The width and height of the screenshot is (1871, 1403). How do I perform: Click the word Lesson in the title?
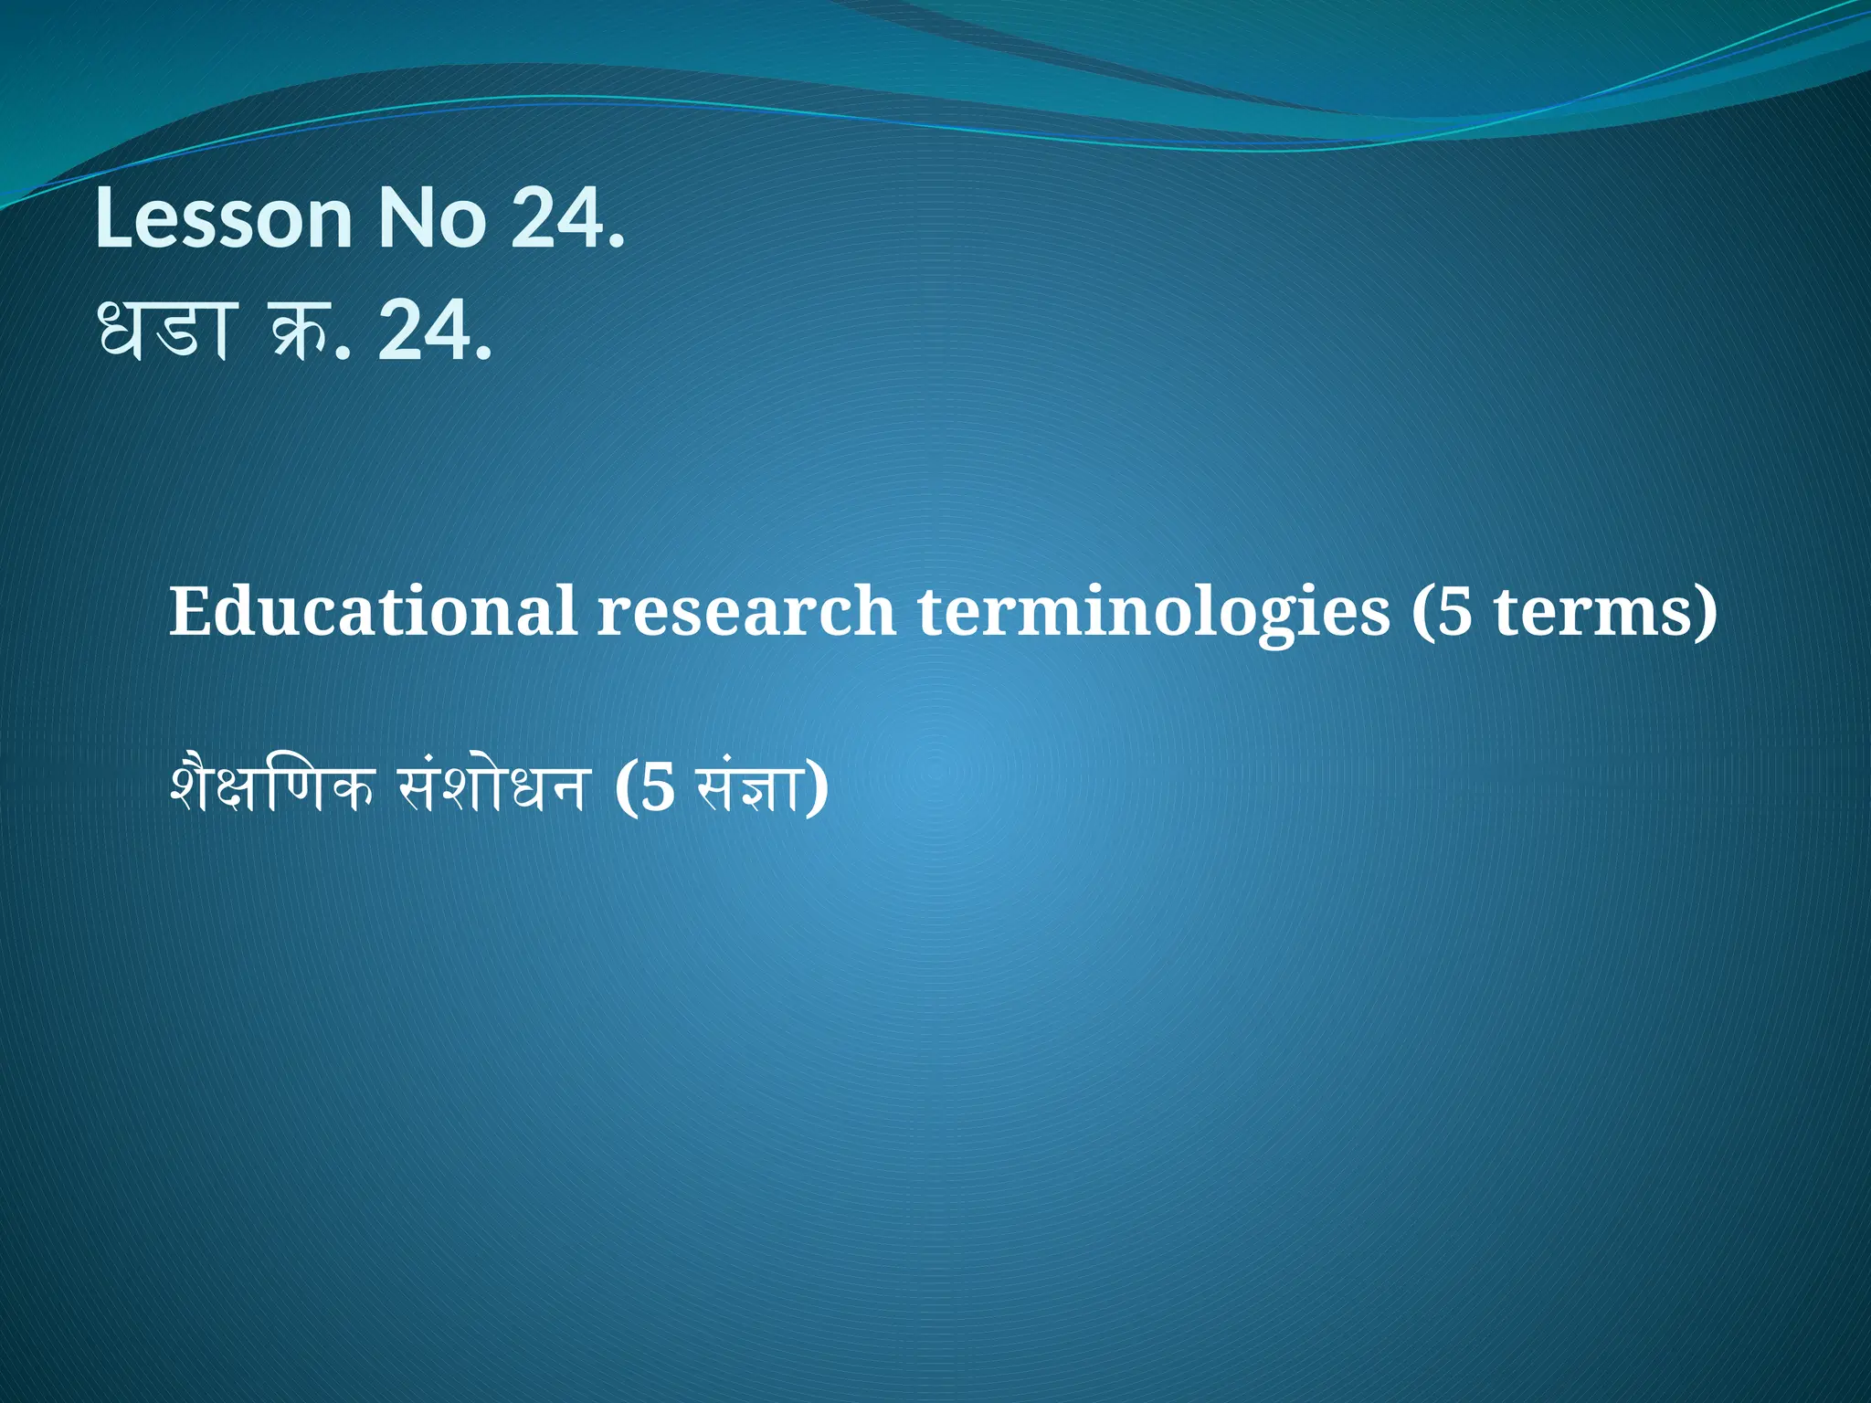223,219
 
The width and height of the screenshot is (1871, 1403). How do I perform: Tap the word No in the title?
432,219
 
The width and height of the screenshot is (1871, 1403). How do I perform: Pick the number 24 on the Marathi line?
422,331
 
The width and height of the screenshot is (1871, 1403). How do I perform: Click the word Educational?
372,610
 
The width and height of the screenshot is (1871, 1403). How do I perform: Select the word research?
746,610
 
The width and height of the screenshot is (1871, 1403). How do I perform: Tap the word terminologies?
1154,610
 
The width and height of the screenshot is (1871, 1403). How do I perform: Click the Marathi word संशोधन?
491,786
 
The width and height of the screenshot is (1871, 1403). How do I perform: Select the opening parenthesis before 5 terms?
1422,610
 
